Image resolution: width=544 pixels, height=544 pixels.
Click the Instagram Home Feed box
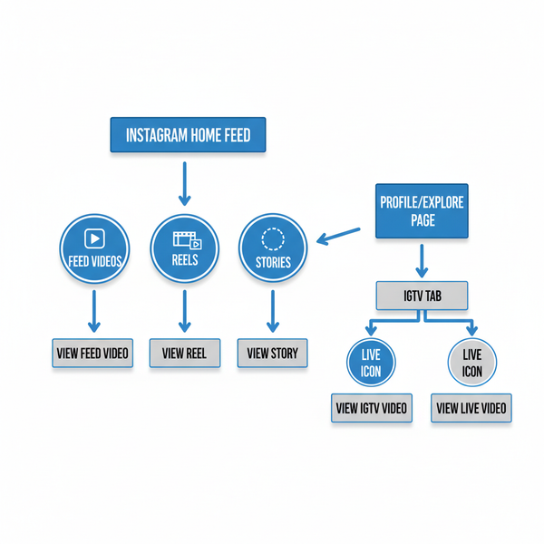188,136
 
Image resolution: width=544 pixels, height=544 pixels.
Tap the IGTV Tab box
421,295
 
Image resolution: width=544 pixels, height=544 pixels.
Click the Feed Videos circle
94,249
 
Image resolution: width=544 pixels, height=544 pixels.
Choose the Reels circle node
184,249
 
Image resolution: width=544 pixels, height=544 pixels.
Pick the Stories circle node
273,249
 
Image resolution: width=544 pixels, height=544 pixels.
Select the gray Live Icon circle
471,363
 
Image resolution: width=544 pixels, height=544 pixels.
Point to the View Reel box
185,353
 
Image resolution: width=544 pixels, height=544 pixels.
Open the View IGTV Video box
372,408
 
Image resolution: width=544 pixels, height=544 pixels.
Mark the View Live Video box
471,408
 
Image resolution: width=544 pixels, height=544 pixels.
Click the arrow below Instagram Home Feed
184,183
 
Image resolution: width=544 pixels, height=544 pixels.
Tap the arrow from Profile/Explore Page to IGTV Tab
421,260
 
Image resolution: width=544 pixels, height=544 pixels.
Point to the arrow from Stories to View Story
272,312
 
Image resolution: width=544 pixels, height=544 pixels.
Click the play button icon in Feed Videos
94,238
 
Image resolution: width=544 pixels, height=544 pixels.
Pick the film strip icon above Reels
186,240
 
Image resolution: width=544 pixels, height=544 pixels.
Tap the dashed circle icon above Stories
273,238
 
